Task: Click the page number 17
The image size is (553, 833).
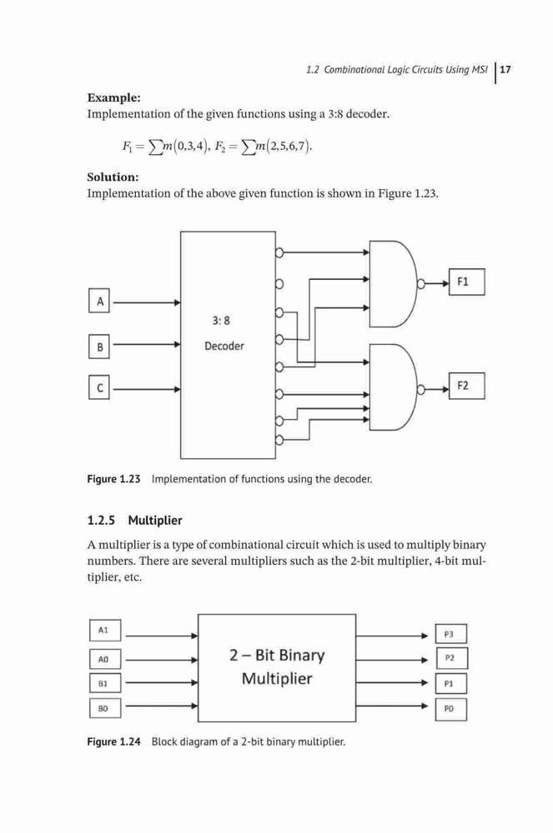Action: [505, 70]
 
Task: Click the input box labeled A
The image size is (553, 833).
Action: [99, 301]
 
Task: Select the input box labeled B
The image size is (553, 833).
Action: [99, 347]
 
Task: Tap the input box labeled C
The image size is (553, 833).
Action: [99, 387]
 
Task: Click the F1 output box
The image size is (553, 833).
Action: [467, 282]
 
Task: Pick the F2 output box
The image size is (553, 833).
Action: [467, 386]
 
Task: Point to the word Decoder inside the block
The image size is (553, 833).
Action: [224, 346]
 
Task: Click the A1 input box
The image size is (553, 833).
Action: [105, 631]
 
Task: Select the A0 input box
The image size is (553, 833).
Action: [105, 659]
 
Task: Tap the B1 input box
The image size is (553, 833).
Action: [105, 683]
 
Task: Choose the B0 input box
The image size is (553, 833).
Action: [105, 708]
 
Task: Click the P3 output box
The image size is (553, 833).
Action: [451, 634]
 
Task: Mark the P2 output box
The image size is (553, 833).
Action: [451, 658]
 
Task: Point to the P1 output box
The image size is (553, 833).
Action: [451, 684]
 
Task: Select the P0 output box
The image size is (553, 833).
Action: [451, 709]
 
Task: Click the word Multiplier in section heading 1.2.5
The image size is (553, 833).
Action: [155, 521]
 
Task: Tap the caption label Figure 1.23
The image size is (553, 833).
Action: [113, 479]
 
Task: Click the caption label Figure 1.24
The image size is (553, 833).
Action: [113, 741]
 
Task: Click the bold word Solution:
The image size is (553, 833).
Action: [113, 177]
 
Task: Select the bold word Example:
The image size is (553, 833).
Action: [113, 97]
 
